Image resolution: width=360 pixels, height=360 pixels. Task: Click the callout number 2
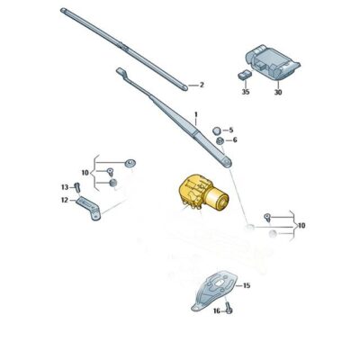(202, 85)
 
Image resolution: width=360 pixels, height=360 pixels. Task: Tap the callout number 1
(196, 114)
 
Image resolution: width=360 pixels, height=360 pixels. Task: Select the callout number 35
(246, 92)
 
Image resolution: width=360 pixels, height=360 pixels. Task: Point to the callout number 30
(278, 92)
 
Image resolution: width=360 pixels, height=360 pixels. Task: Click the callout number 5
(231, 130)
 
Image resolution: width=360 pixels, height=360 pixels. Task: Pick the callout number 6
(235, 140)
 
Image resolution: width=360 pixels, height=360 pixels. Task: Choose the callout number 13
(65, 187)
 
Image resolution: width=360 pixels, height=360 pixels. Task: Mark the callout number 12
(65, 200)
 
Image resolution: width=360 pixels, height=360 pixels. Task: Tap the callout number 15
(247, 285)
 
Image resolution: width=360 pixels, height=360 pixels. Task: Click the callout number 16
(217, 311)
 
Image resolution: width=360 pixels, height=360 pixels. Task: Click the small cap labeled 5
(216, 130)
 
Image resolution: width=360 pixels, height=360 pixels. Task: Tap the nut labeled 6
(220, 140)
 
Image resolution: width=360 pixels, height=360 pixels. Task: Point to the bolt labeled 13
(76, 188)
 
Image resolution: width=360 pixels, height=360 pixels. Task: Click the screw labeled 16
(229, 309)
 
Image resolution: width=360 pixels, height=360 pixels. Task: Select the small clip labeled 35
(245, 74)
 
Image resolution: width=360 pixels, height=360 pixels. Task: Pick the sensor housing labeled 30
(273, 63)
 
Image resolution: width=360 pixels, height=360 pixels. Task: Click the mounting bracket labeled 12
(88, 208)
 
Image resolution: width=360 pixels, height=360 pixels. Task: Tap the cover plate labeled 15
(214, 291)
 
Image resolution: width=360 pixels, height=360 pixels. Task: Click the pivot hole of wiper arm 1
(228, 162)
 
